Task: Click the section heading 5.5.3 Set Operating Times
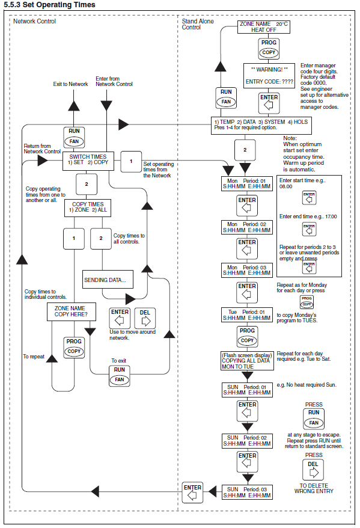(49, 5)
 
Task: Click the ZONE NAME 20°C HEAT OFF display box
(263, 27)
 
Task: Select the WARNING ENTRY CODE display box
(269, 76)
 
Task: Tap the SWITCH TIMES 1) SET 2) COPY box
(88, 161)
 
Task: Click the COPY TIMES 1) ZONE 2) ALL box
(88, 207)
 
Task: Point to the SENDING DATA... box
(108, 279)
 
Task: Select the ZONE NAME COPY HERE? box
(71, 312)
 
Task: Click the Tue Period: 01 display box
(246, 315)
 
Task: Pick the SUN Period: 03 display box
(247, 492)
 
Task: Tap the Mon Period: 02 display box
(246, 227)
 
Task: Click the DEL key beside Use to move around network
(145, 318)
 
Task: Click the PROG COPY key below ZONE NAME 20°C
(269, 49)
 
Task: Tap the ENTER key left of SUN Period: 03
(192, 492)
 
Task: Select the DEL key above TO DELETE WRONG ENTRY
(313, 470)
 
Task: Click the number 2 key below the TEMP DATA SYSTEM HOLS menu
(245, 150)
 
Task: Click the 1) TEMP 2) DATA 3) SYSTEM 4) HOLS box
(261, 125)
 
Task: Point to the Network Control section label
(34, 21)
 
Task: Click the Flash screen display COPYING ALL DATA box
(247, 361)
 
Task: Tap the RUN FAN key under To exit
(120, 375)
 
